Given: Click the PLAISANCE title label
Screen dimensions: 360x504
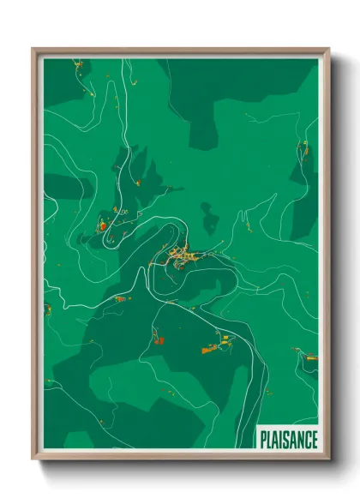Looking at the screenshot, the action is pyautogui.click(x=288, y=438).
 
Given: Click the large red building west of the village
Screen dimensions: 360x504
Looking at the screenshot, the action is pyautogui.click(x=102, y=226).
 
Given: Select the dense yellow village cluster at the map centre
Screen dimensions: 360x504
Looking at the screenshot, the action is pyautogui.click(x=180, y=254).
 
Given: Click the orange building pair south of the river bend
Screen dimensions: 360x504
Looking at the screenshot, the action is pyautogui.click(x=158, y=339).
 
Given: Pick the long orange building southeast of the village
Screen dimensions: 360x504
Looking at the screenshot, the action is pyautogui.click(x=209, y=349).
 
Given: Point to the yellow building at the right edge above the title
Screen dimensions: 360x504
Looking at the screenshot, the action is pyautogui.click(x=311, y=357).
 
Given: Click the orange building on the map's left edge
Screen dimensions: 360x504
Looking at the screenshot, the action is pyautogui.click(x=48, y=308).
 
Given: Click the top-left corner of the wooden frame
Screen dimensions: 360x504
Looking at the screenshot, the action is pyautogui.click(x=34, y=50).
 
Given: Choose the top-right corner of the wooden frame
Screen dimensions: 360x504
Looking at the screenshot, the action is pyautogui.click(x=327, y=50).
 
